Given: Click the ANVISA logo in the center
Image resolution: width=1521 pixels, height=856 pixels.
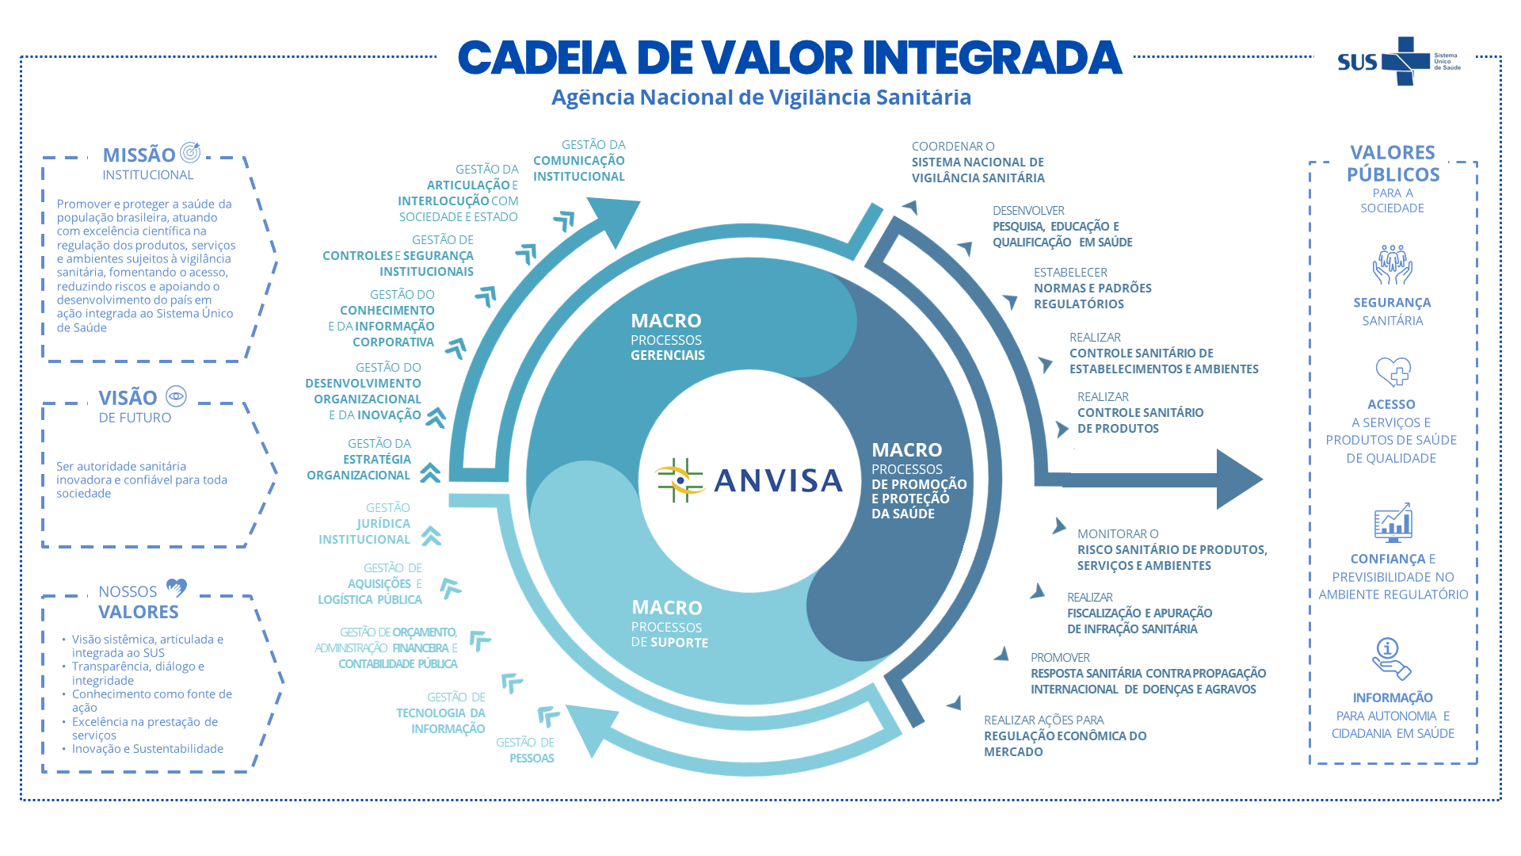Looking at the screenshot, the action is (749, 480).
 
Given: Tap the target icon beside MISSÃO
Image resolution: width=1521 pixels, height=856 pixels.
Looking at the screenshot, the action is (190, 152).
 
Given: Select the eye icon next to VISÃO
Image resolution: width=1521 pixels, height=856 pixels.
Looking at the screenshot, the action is (176, 396).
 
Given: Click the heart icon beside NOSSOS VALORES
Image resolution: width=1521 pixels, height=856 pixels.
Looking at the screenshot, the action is (176, 588).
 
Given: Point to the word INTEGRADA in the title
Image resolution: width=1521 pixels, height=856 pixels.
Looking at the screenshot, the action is (992, 57).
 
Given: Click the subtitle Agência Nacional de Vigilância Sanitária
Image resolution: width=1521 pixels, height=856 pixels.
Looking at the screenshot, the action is (761, 97).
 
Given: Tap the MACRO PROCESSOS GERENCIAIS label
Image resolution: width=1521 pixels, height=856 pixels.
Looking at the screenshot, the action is (668, 337).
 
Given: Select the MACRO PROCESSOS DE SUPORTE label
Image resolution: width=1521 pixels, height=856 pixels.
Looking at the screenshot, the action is (670, 624).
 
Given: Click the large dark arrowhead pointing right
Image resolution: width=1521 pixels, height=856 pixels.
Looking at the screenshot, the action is (1238, 479).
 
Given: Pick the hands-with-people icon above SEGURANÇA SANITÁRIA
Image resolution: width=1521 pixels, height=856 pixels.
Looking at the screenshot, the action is (1393, 265).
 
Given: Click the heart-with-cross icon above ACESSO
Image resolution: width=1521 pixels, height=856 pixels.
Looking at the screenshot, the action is (1393, 372).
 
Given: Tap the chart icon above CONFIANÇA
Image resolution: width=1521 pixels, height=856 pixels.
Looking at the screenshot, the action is (1393, 522).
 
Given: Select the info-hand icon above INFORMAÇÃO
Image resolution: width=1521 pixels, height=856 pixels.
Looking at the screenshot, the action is (1392, 659).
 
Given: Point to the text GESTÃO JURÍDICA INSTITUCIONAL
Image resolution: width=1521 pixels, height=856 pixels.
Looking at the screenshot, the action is (364, 523).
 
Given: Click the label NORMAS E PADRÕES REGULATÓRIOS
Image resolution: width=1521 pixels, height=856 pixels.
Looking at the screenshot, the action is (1092, 296).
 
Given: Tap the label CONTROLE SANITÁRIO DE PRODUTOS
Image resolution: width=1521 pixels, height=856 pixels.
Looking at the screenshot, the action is (1140, 420).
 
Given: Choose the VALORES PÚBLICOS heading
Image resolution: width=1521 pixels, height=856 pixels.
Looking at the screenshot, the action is (1393, 163).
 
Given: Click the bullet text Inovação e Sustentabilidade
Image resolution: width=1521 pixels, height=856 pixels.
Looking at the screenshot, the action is (147, 749).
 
